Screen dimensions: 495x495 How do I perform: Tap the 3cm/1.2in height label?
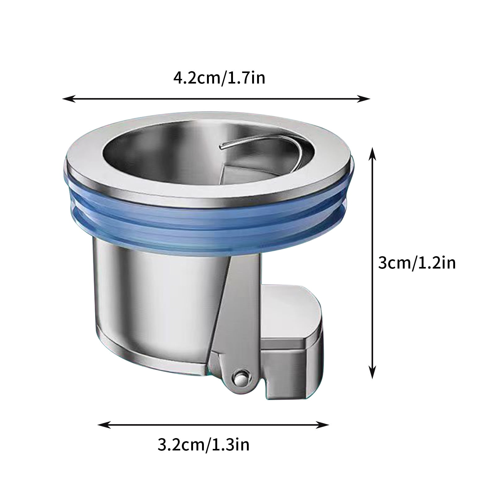pos(417,264)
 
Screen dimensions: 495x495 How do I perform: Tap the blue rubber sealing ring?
pos(210,223)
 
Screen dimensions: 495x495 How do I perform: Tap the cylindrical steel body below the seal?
pos(155,294)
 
